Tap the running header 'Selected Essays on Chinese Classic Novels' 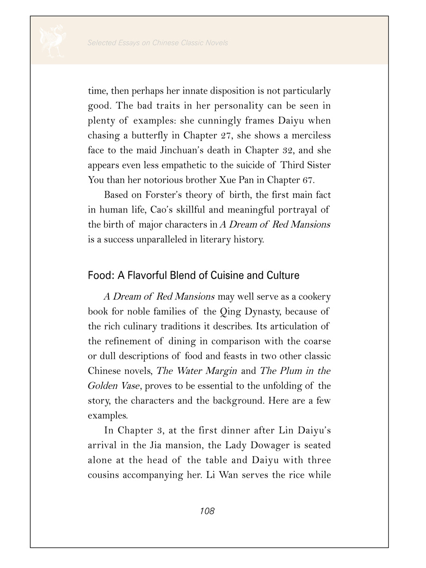(158, 43)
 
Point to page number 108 (207, 511)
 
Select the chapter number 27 (222, 135)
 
